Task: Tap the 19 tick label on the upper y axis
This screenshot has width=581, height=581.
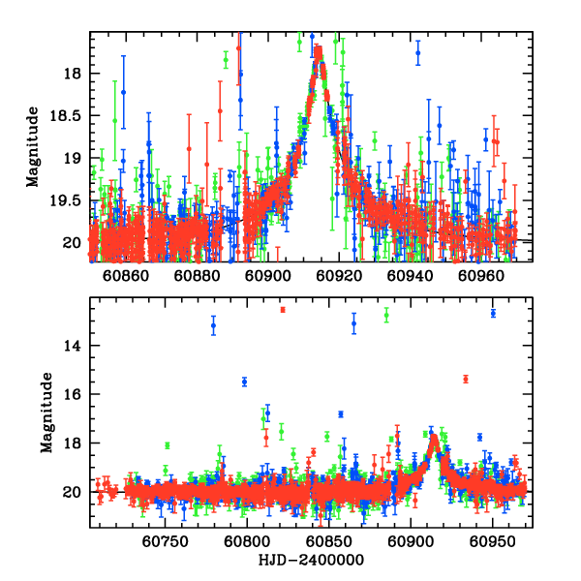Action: pos(73,157)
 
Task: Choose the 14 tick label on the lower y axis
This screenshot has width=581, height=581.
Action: pos(73,346)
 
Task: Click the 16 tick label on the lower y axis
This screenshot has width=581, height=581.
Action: pos(73,394)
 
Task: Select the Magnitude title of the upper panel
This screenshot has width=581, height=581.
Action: pos(33,147)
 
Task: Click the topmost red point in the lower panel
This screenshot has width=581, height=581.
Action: pos(283,310)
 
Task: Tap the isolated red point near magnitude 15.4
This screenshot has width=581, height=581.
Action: pos(466,379)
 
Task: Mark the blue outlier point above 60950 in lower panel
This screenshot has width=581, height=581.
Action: pos(493,313)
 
